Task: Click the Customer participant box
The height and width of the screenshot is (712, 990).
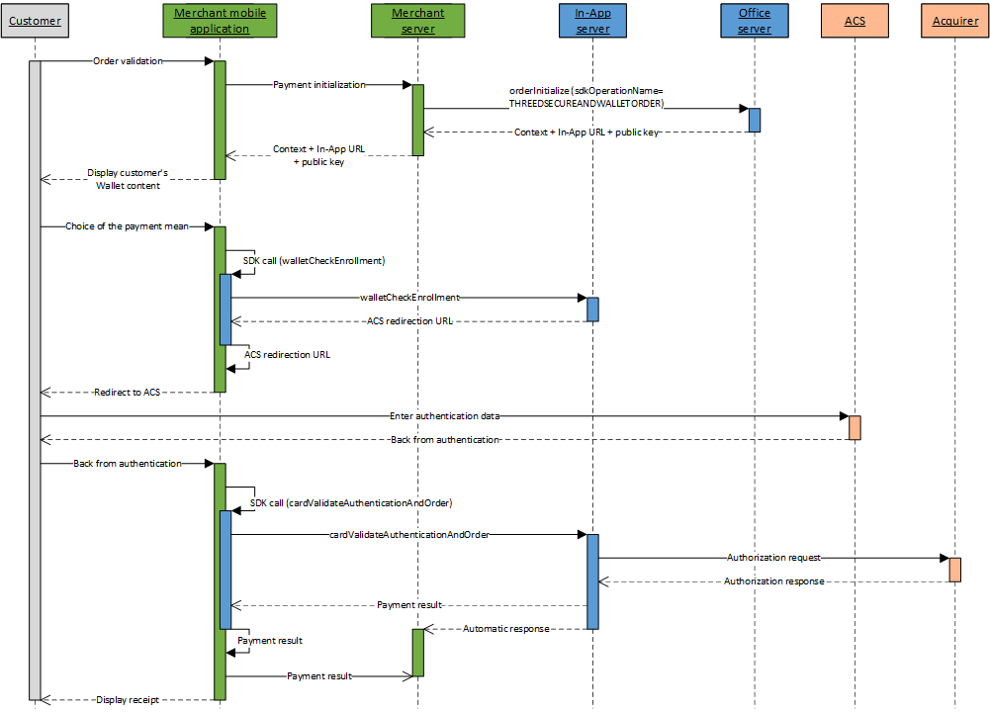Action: pos(35,21)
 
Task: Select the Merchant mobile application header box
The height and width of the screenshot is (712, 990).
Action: pos(220,21)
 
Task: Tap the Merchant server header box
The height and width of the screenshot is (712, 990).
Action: pos(417,21)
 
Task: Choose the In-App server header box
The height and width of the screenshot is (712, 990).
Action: pos(591,21)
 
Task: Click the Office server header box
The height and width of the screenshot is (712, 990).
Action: pos(754,21)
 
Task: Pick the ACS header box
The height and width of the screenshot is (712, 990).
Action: pos(855,21)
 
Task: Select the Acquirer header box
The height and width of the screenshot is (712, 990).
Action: pos(954,21)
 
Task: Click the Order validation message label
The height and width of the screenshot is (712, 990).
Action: pos(128,61)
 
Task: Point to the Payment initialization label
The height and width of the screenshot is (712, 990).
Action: pos(318,85)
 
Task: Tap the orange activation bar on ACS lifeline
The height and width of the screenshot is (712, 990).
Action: pos(855,427)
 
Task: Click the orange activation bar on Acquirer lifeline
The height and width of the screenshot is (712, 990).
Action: pos(954,570)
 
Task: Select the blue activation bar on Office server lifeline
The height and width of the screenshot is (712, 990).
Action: pos(754,120)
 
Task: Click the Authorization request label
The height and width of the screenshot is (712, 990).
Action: pos(773,558)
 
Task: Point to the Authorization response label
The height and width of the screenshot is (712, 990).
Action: pos(773,581)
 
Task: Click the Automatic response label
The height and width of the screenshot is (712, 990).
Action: pos(505,629)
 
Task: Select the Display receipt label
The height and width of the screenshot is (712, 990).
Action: pos(128,700)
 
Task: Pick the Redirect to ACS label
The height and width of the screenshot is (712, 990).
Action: pos(128,393)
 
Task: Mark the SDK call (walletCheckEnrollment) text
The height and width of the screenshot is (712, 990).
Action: pos(314,261)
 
